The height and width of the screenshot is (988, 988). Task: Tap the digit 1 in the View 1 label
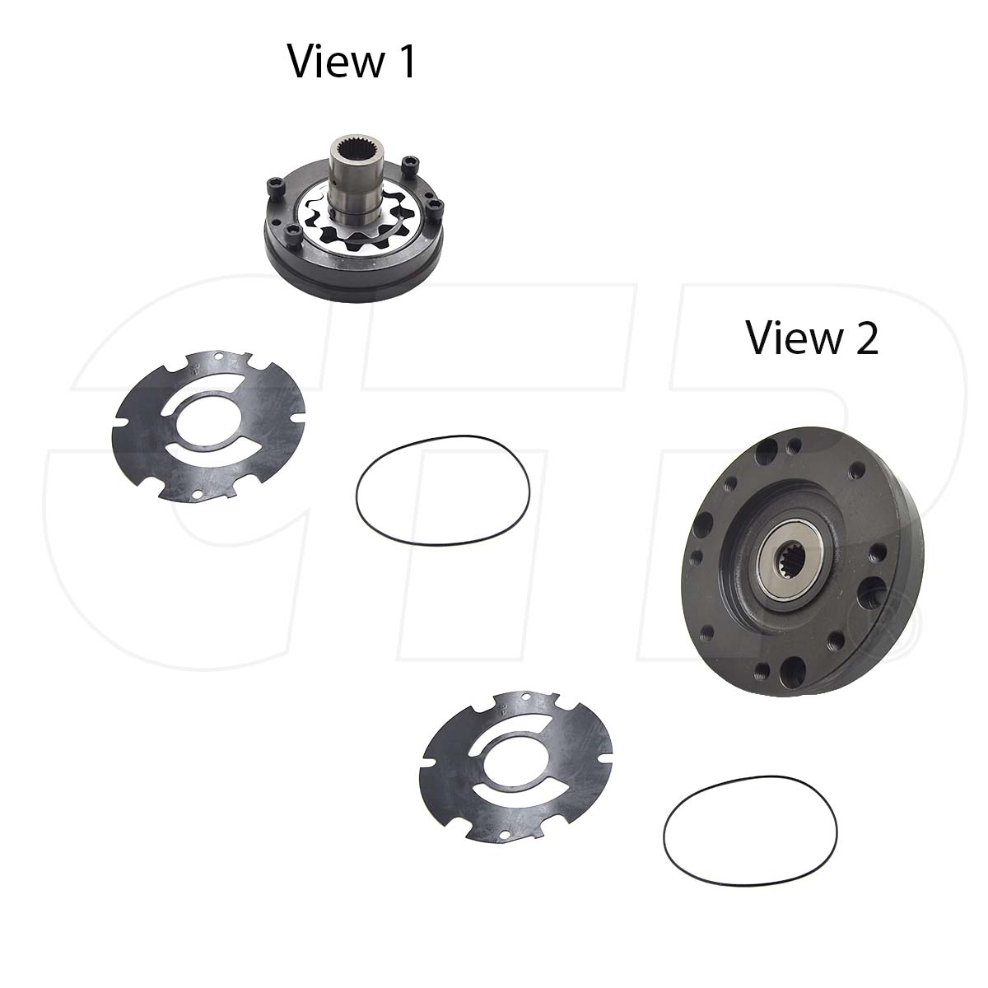click(404, 62)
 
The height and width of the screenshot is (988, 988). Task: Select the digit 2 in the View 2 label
click(865, 338)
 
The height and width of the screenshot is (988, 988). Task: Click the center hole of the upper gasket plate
click(210, 424)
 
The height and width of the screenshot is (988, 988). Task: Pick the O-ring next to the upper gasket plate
click(442, 490)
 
